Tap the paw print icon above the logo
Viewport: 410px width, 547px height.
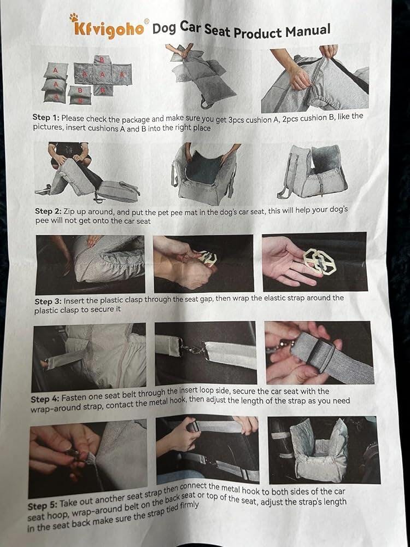pyautogui.click(x=74, y=18)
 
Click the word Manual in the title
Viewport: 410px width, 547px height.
pyautogui.click(x=308, y=31)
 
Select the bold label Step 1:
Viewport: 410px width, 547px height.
pyautogui.click(x=46, y=117)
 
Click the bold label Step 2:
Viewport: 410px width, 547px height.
pyautogui.click(x=49, y=211)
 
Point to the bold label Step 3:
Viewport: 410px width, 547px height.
pyautogui.click(x=48, y=301)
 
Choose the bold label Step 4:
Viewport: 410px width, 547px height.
pyautogui.click(x=45, y=399)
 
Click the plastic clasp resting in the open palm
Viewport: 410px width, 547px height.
pyautogui.click(x=319, y=261)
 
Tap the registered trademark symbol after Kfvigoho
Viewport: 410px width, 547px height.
pyautogui.click(x=147, y=21)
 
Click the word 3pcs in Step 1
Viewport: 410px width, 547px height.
pyautogui.click(x=236, y=120)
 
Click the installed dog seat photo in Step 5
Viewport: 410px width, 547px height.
pyautogui.click(x=324, y=450)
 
